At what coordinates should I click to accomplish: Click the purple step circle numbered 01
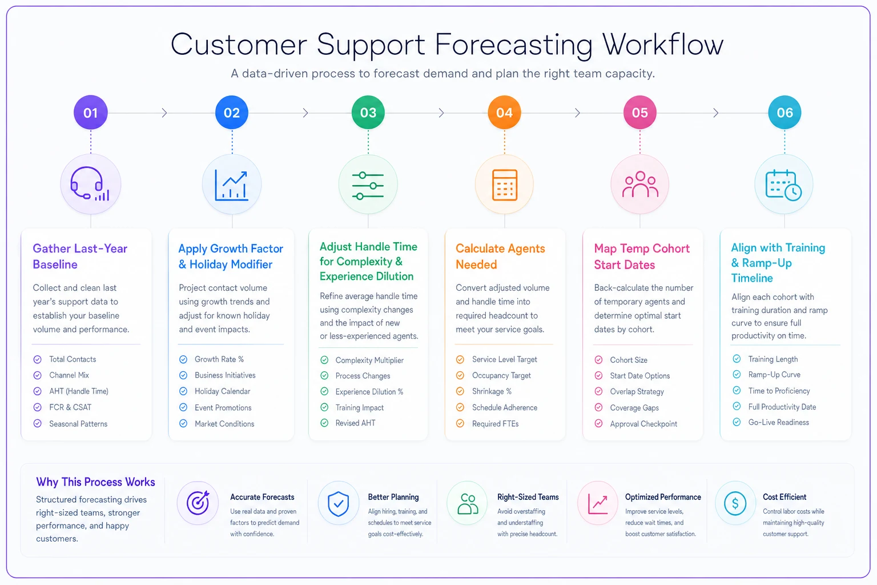(x=90, y=113)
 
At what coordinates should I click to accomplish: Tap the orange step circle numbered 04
(x=504, y=113)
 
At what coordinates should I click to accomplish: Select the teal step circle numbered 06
(x=785, y=113)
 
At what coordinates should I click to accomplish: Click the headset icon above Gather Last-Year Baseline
(x=90, y=184)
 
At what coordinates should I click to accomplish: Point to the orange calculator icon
(x=504, y=185)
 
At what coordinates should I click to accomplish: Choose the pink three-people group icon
(x=640, y=184)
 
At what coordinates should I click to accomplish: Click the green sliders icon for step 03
(x=368, y=185)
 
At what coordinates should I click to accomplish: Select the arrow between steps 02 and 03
(x=305, y=113)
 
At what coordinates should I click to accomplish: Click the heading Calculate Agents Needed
(x=500, y=257)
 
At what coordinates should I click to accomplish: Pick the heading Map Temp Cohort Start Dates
(x=642, y=257)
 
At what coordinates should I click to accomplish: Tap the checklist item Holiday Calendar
(x=222, y=391)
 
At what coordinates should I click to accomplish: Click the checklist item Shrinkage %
(x=492, y=391)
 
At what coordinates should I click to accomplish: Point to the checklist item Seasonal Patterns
(x=78, y=423)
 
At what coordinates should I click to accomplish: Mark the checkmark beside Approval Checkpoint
(x=598, y=423)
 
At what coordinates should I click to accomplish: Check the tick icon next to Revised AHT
(x=324, y=423)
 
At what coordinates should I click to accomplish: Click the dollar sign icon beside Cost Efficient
(x=735, y=503)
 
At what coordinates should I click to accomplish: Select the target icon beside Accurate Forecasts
(x=198, y=503)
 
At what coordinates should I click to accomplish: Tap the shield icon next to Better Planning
(x=338, y=503)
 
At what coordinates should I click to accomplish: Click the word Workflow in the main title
(x=662, y=45)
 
